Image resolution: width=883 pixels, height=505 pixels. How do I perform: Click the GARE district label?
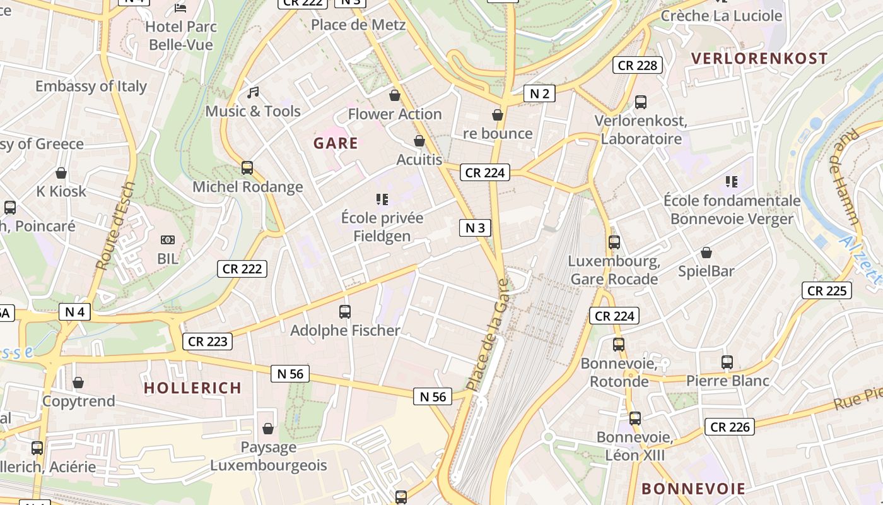pyautogui.click(x=336, y=143)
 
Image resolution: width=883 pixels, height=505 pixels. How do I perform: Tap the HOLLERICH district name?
pyautogui.click(x=192, y=388)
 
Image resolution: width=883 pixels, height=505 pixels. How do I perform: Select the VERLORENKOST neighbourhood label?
pyautogui.click(x=759, y=59)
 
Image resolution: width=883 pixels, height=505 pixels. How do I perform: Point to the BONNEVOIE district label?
pyautogui.click(x=693, y=489)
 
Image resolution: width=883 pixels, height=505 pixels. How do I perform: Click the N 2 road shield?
pyautogui.click(x=539, y=94)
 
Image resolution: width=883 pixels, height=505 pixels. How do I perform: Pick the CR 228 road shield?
pyautogui.click(x=638, y=65)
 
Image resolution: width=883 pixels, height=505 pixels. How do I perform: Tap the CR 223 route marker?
pyautogui.click(x=208, y=342)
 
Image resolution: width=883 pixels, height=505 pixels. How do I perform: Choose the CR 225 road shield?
pyautogui.click(x=827, y=290)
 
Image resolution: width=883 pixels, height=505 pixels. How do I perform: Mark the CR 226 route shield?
pyautogui.click(x=730, y=427)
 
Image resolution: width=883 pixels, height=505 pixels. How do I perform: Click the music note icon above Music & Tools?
pyautogui.click(x=253, y=93)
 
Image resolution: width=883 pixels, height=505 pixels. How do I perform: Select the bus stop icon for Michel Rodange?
pyautogui.click(x=247, y=168)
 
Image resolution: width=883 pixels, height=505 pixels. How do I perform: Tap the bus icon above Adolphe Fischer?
pyautogui.click(x=344, y=311)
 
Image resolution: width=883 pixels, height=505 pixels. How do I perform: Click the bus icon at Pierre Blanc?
pyautogui.click(x=727, y=362)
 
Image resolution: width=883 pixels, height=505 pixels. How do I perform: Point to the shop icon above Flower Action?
pyautogui.click(x=395, y=95)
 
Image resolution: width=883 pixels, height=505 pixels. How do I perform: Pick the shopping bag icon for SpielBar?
pyautogui.click(x=706, y=252)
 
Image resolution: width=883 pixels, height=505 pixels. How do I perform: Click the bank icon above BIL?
pyautogui.click(x=167, y=240)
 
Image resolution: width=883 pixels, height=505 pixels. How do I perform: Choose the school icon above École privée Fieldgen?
pyautogui.click(x=382, y=199)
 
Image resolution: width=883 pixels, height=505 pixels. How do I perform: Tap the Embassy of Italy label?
pyautogui.click(x=91, y=86)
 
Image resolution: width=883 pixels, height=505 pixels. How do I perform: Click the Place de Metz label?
pyautogui.click(x=358, y=25)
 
